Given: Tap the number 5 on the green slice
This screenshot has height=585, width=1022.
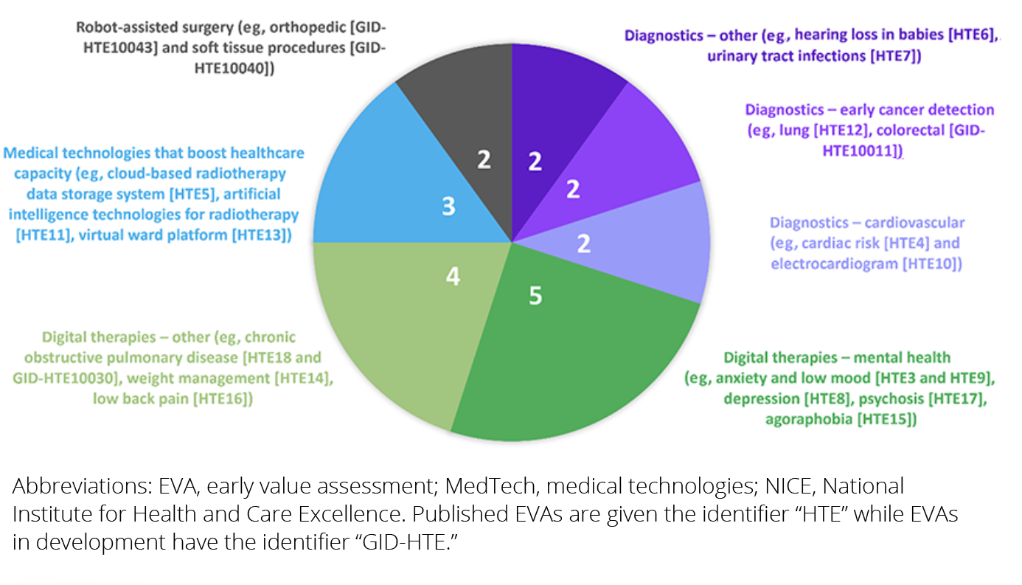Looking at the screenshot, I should point(535,296).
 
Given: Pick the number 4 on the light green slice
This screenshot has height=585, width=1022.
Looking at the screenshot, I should point(453,277).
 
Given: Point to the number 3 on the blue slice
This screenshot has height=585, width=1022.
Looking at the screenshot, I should point(448,207).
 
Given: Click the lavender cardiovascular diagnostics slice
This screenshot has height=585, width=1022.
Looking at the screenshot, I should point(649,243).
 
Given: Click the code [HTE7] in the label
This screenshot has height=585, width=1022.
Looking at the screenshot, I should point(895,56).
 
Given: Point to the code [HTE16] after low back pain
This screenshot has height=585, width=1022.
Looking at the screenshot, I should point(224,399).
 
